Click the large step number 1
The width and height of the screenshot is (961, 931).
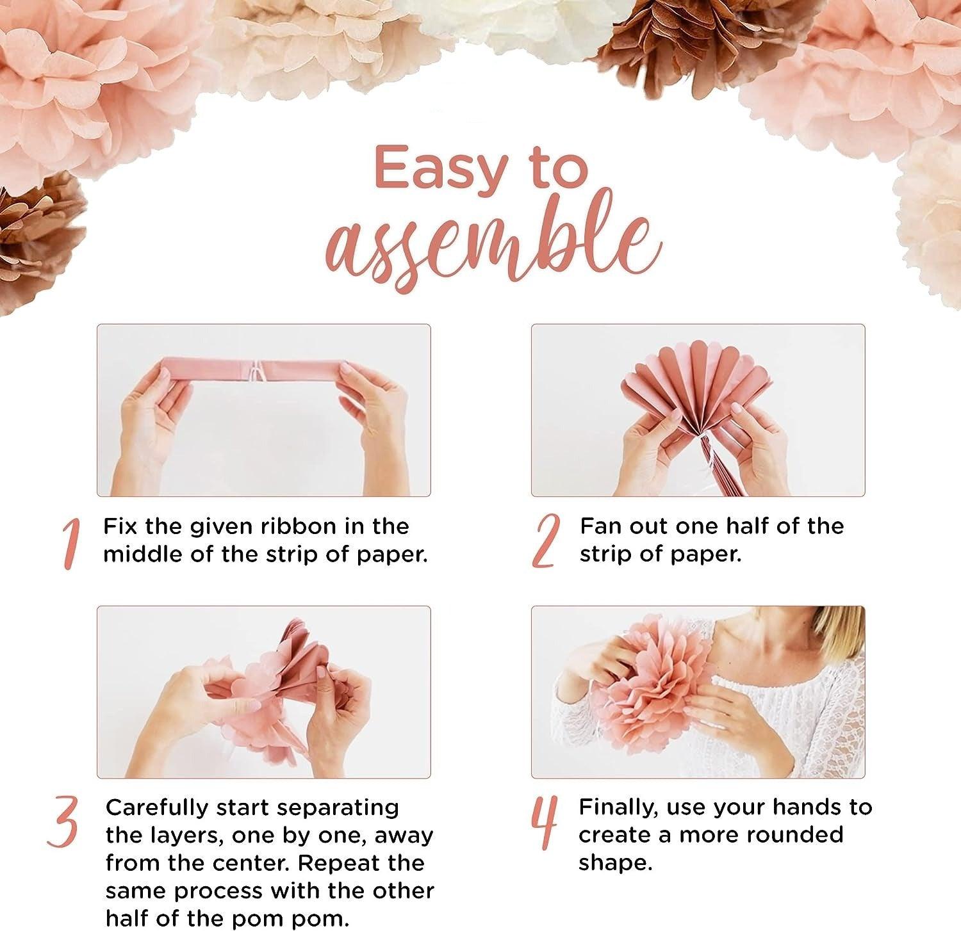(72, 544)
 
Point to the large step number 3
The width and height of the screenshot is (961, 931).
(63, 823)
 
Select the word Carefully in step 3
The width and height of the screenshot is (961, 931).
(156, 808)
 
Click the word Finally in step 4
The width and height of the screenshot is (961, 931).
(618, 808)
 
